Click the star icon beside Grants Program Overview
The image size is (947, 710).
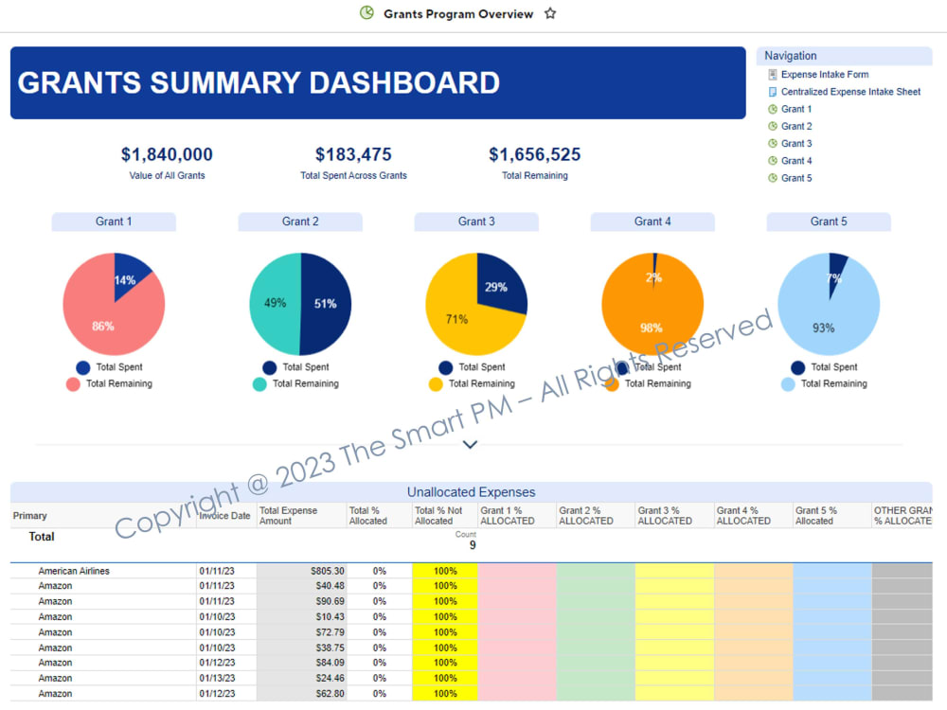pos(550,14)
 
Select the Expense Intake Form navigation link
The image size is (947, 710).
pos(824,75)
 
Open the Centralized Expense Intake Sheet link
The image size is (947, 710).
pos(850,92)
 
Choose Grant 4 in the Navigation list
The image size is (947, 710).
pos(796,161)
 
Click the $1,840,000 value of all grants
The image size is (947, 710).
pos(167,154)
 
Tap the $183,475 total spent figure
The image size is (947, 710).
pos(353,154)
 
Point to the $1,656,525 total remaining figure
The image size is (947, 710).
pos(534,154)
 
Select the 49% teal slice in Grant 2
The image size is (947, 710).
pos(273,304)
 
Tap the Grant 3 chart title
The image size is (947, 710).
pos(476,222)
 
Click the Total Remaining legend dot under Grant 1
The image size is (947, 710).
pos(73,384)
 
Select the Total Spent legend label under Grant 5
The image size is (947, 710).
pos(834,367)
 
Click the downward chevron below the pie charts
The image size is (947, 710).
pos(470,444)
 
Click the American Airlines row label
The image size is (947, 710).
pos(73,572)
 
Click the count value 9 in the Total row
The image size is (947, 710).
pos(472,545)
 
